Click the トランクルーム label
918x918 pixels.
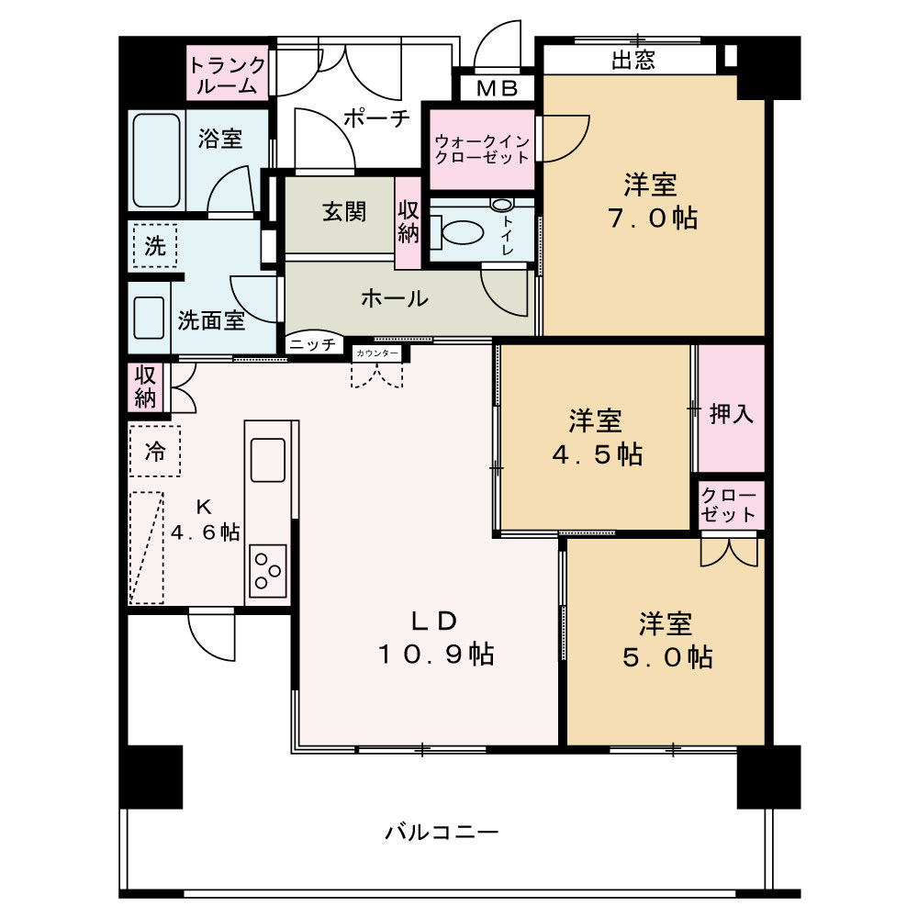point(227,75)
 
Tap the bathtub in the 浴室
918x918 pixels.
point(156,160)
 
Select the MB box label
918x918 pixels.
point(497,88)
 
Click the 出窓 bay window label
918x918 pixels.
point(633,61)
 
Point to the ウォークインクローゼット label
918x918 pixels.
point(483,150)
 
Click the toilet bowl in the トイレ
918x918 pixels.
point(462,232)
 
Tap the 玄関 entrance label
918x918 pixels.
point(345,212)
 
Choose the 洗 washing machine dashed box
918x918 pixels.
point(154,246)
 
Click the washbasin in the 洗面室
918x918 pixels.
point(149,318)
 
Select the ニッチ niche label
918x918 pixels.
point(313,344)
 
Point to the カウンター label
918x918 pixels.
point(377,353)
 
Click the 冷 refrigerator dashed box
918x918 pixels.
point(154,451)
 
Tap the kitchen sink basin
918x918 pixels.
point(267,460)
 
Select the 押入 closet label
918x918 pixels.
point(732,415)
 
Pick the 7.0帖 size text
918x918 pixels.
point(653,218)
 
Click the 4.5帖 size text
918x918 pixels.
point(598,454)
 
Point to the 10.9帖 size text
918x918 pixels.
point(436,654)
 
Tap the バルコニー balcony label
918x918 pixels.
point(442,832)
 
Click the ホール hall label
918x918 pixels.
point(395,298)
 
